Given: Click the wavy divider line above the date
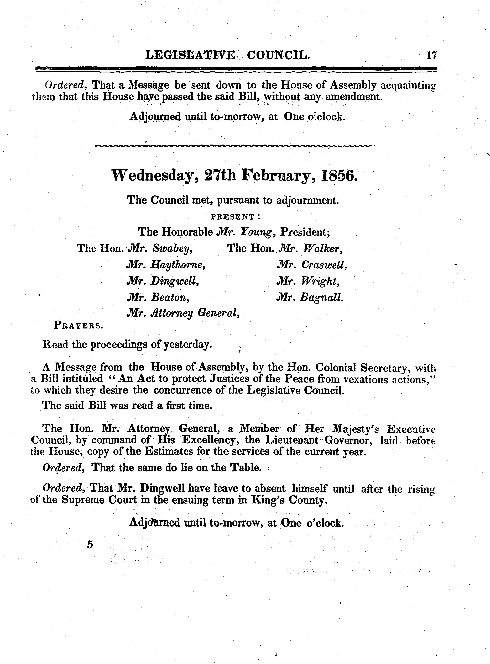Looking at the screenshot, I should pyautogui.click(x=234, y=146).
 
